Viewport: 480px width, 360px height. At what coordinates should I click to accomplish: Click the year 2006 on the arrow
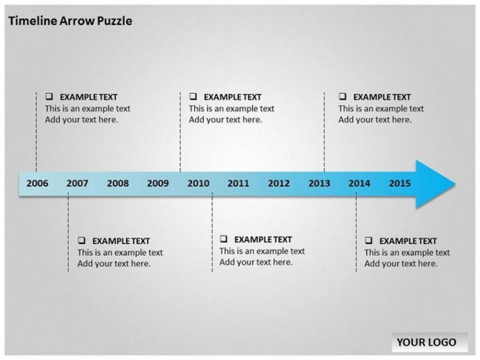click(37, 183)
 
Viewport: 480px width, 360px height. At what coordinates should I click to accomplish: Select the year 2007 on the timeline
click(77, 183)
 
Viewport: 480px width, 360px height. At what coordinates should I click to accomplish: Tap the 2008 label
click(118, 183)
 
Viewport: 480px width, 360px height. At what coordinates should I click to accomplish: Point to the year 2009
click(158, 183)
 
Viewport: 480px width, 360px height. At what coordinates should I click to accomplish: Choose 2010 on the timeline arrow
click(198, 183)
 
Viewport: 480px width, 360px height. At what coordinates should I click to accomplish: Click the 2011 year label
click(239, 183)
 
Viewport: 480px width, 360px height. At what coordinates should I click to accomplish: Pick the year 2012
click(279, 183)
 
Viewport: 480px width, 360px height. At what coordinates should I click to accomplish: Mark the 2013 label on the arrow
click(319, 183)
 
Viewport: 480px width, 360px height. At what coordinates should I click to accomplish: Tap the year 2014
click(359, 183)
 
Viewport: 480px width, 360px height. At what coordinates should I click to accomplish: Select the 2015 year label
click(400, 183)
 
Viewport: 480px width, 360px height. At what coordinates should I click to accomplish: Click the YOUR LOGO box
click(429, 342)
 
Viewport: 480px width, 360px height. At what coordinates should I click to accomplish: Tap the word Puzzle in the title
click(114, 21)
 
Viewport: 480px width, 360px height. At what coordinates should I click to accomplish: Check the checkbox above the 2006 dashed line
click(49, 96)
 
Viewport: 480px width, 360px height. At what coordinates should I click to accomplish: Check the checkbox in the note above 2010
click(193, 96)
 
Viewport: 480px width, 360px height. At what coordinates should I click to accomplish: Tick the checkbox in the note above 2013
click(342, 96)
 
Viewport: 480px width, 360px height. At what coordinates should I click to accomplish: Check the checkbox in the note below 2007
click(81, 240)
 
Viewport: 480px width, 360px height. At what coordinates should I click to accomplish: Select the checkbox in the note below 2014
click(369, 240)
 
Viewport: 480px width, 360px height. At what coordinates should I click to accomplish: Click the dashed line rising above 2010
click(180, 132)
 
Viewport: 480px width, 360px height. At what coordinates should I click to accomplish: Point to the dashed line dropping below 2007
click(68, 232)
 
